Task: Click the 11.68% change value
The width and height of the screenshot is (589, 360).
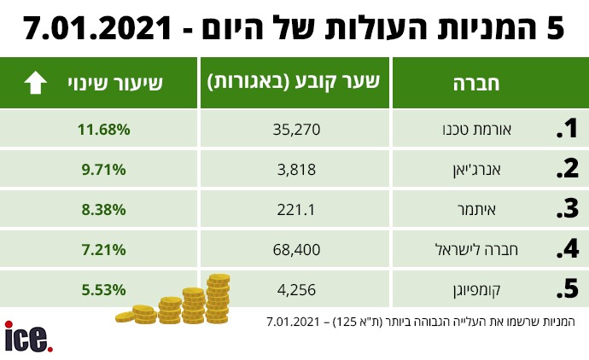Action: pos(102,130)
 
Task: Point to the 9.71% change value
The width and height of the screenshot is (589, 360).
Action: pos(102,169)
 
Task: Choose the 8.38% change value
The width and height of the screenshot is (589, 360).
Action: pos(102,209)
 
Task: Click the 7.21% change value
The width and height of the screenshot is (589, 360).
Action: pos(102,249)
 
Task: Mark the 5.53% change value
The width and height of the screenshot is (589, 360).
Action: pos(102,289)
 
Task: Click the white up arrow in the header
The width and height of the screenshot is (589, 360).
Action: pos(36,83)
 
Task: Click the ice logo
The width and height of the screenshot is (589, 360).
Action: pos(28,337)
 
